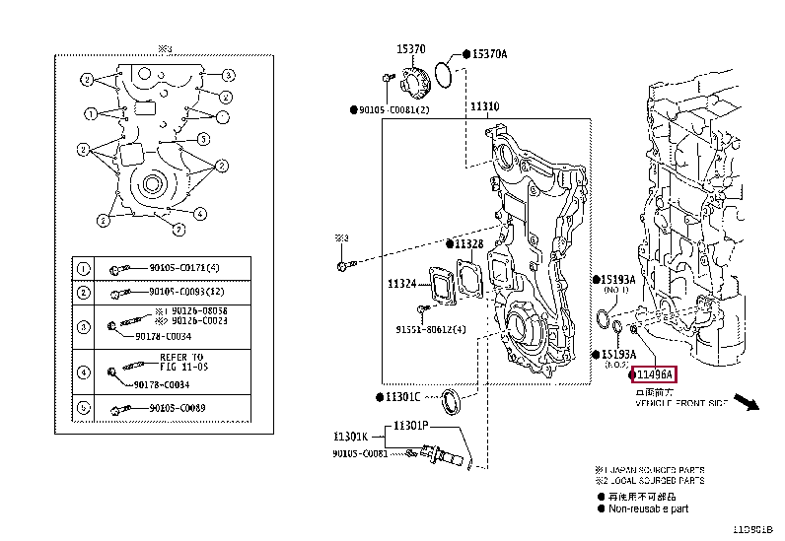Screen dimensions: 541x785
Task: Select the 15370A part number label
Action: (x=488, y=54)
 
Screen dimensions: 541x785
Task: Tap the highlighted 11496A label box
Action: (x=654, y=375)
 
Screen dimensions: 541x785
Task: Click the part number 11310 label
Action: (x=484, y=105)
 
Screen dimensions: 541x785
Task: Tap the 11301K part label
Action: (x=350, y=435)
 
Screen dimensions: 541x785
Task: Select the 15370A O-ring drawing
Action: (x=446, y=71)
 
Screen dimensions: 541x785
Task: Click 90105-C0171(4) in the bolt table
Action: (x=184, y=268)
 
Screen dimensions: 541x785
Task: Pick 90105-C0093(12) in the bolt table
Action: (x=186, y=293)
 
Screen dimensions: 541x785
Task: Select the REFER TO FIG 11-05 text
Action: (x=181, y=362)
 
